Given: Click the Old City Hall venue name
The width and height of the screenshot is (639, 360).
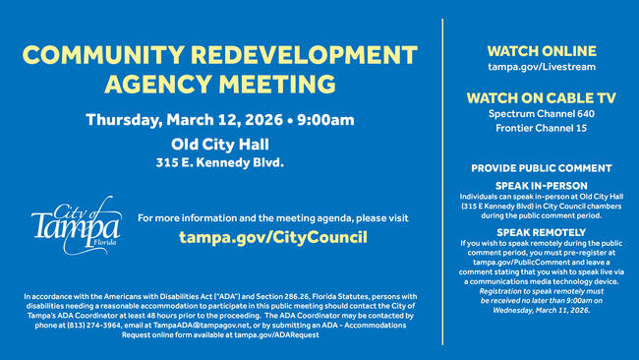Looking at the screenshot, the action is (x=219, y=145).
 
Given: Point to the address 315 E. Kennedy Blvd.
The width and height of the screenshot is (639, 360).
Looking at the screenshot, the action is (x=219, y=162).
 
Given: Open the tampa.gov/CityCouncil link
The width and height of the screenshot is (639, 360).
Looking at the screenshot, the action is (x=272, y=237).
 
